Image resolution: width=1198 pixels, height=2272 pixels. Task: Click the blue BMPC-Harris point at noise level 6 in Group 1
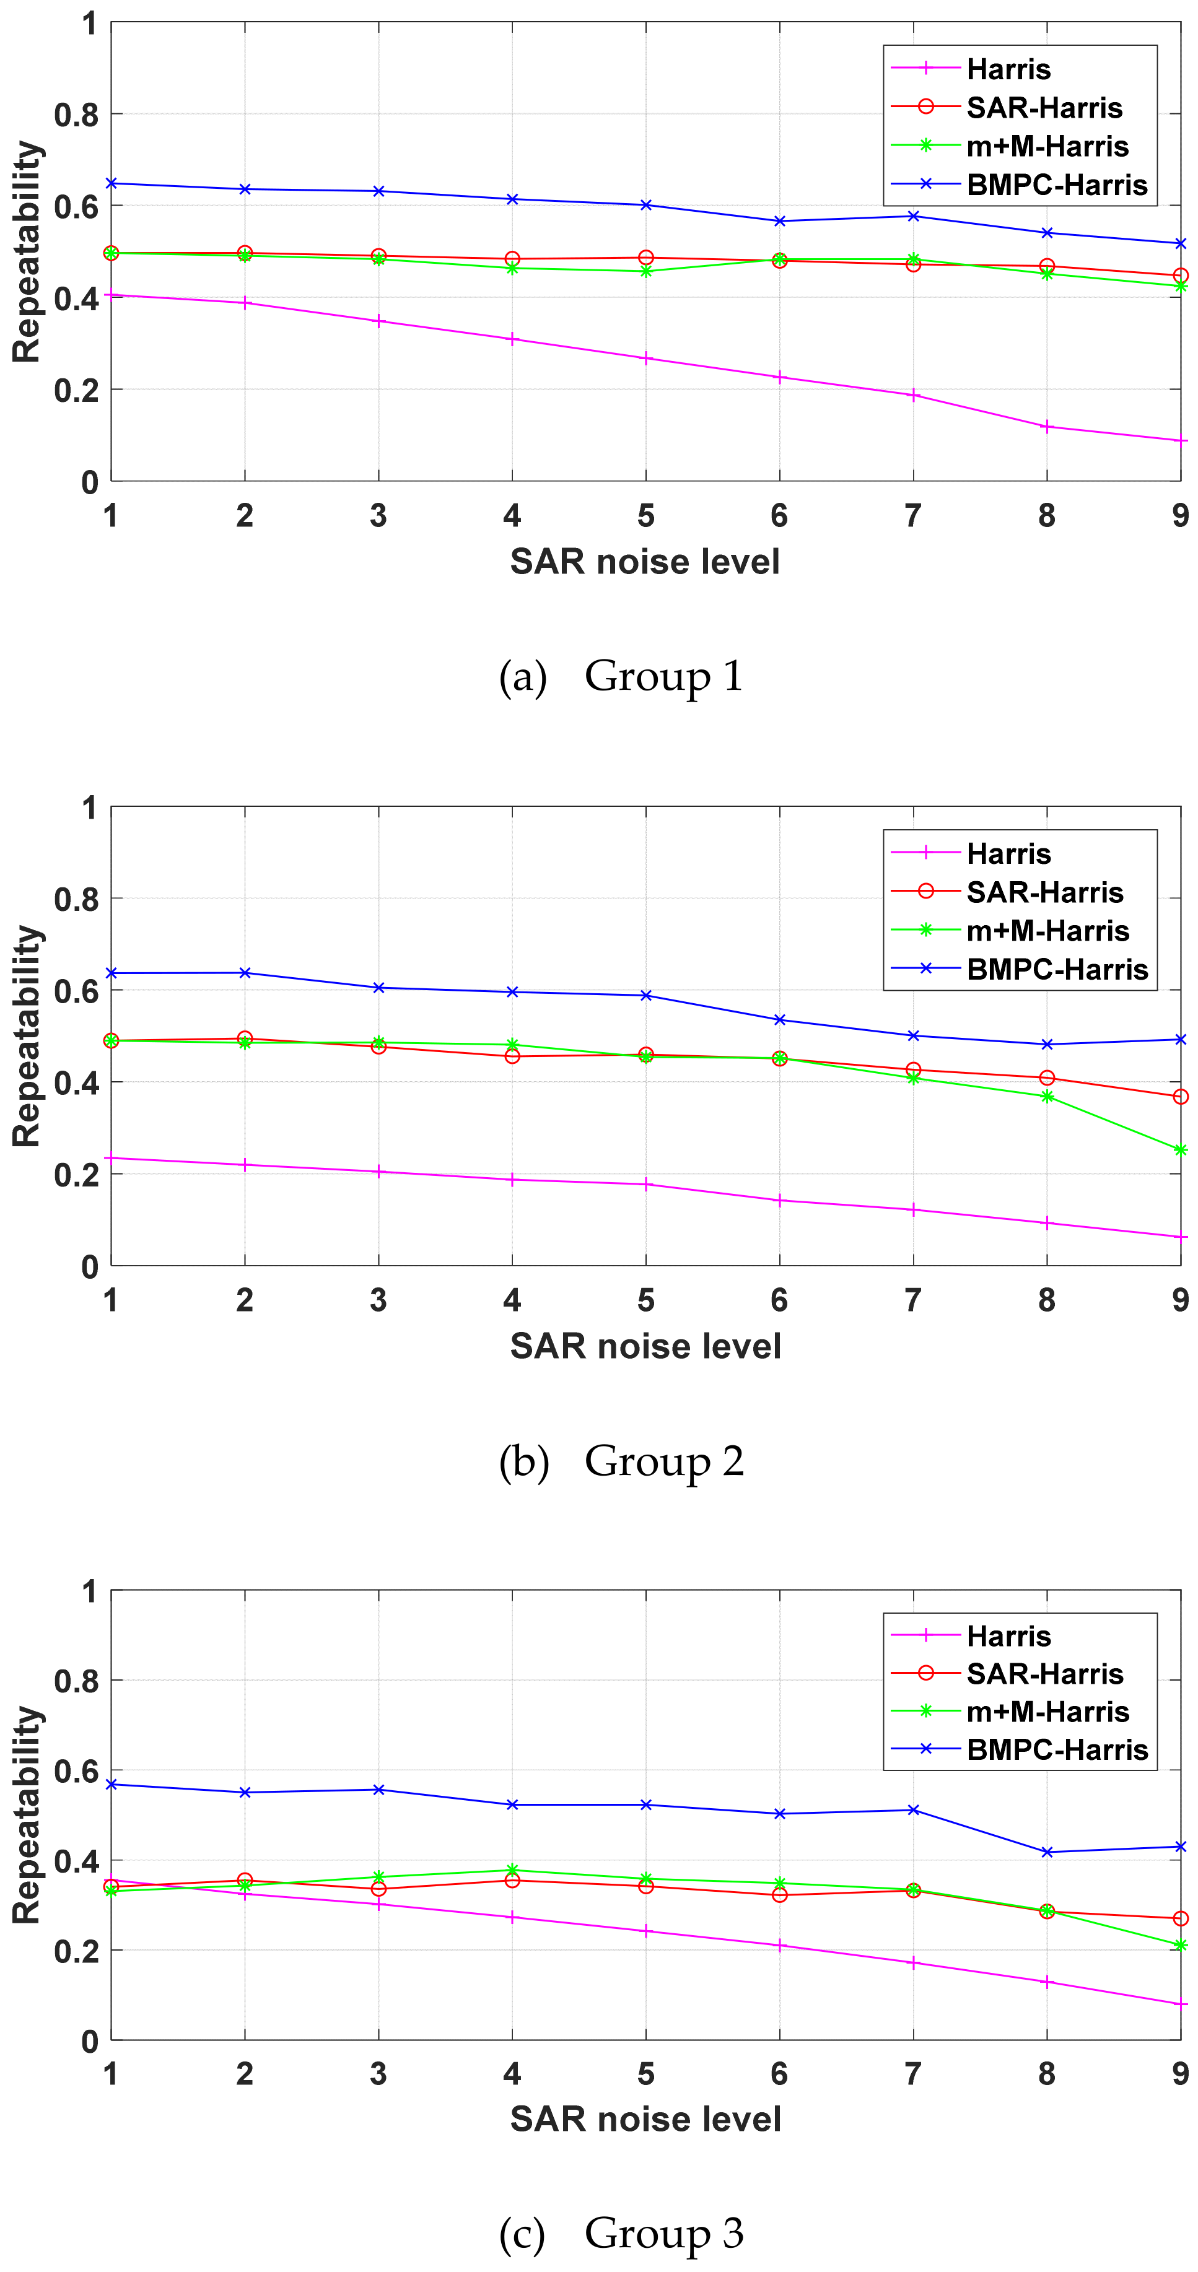pyautogui.click(x=779, y=220)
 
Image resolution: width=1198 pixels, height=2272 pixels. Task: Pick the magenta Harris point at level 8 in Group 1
pyautogui.click(x=1046, y=427)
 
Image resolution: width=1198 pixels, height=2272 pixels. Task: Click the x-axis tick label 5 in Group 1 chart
pyautogui.click(x=645, y=516)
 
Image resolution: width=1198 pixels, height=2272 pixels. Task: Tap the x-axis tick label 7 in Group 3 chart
pyautogui.click(x=912, y=2074)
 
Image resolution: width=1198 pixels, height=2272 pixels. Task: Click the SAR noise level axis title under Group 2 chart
pyautogui.click(x=645, y=1346)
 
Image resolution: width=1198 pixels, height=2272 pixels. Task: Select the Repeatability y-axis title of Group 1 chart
pyautogui.click(x=27, y=251)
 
